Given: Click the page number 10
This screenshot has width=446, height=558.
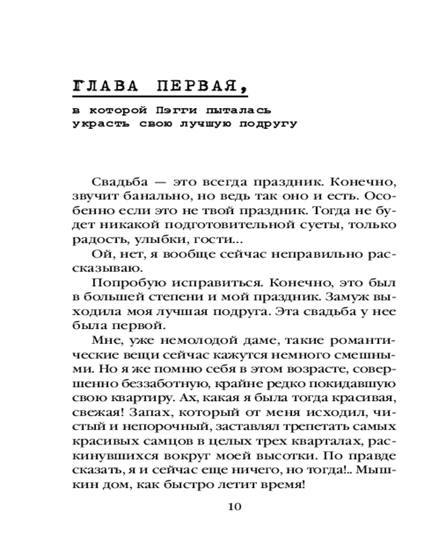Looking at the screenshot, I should pos(234,507).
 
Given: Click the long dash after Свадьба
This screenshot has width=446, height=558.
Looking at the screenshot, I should pos(158,182).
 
